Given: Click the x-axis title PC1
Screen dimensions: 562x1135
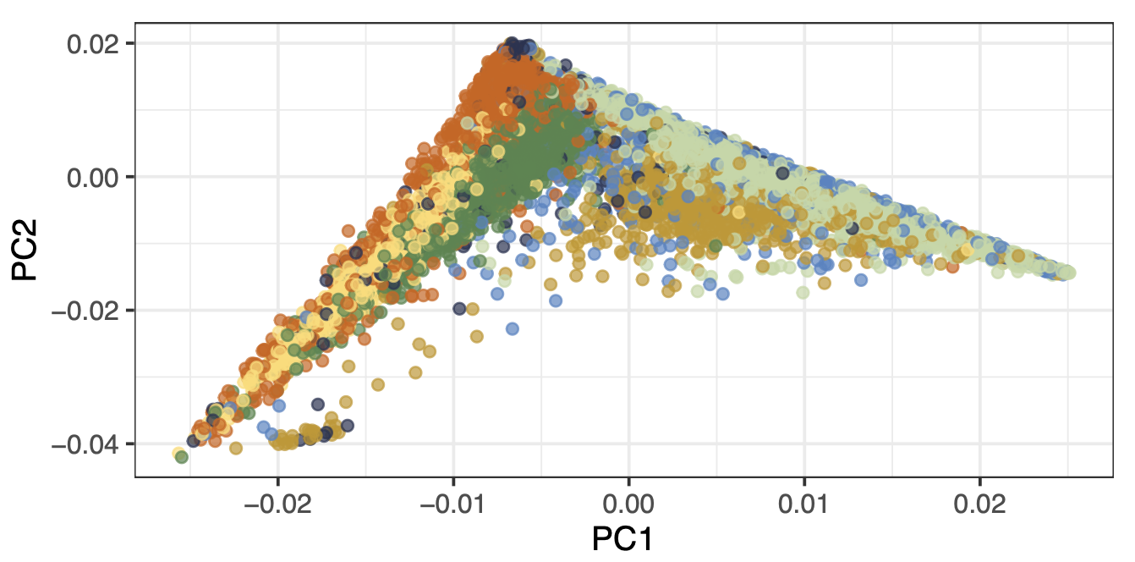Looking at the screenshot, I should [x=623, y=539].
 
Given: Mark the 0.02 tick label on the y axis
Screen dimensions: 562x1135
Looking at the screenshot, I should [x=95, y=43].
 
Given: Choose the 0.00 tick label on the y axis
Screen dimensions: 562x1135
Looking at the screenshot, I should [x=95, y=177].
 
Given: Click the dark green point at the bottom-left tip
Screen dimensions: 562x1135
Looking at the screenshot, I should [x=182, y=457].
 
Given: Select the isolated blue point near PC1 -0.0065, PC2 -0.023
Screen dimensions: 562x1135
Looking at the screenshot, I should [x=513, y=328].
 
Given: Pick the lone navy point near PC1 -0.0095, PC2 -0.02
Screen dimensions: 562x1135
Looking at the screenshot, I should [x=459, y=309].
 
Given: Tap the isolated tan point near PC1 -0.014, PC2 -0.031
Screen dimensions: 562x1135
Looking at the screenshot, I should [x=378, y=384].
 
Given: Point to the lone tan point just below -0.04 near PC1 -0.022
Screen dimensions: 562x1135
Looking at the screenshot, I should [x=236, y=448].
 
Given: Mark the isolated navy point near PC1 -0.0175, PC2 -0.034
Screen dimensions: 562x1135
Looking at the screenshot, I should [x=318, y=405].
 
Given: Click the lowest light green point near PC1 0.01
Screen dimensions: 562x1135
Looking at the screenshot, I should [x=802, y=293].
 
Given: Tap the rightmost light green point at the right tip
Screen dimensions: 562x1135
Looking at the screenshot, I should [x=1069, y=273].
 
